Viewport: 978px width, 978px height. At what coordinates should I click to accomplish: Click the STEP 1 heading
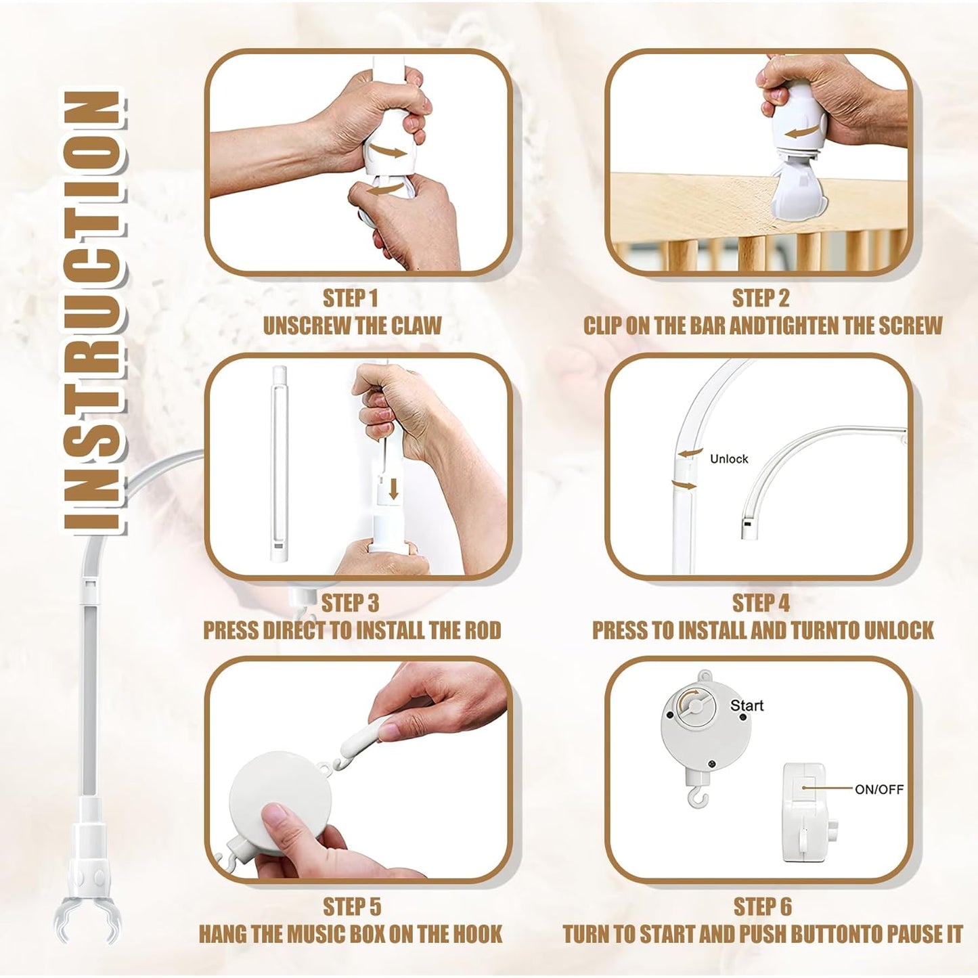pos(350,298)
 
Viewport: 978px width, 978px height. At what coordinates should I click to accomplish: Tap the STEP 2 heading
pos(761,298)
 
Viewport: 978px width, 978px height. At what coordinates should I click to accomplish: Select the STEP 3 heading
pos(350,603)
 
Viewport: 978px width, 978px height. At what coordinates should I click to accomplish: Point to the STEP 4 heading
pos(761,603)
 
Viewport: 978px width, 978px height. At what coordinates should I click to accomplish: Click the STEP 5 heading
pos(352,907)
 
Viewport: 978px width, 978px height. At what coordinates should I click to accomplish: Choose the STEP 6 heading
pos(762,907)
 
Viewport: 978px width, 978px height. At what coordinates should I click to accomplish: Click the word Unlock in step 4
pos(729,459)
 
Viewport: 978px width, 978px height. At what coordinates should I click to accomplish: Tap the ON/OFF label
pos(879,789)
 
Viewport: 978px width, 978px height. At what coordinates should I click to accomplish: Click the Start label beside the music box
pos(747,705)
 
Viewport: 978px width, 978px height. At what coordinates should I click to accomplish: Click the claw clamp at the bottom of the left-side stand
pos(87,917)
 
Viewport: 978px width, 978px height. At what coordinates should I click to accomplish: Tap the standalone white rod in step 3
pos(279,464)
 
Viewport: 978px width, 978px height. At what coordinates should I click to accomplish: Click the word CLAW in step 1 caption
pos(416,326)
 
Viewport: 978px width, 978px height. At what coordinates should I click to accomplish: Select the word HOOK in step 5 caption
pos(477,935)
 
